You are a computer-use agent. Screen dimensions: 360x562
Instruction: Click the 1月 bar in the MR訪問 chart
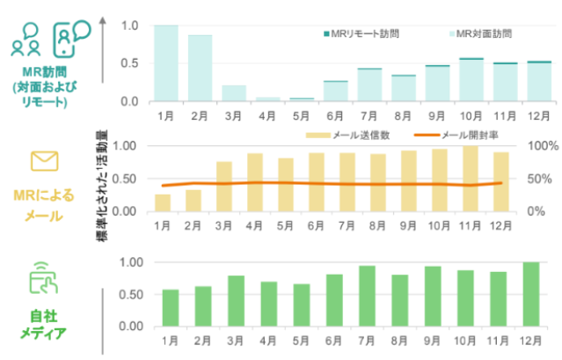[166, 63]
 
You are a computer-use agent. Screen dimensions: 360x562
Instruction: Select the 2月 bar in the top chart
[200, 69]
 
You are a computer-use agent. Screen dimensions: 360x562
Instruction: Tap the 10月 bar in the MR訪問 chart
[471, 80]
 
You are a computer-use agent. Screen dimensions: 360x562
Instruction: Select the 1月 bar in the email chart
[163, 202]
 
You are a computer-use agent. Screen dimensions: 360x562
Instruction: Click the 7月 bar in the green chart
[367, 296]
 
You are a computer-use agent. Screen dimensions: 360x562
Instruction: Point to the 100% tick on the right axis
[537, 146]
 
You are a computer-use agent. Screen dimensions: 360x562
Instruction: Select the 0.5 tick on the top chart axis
[129, 63]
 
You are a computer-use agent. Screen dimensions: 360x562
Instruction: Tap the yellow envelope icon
[44, 160]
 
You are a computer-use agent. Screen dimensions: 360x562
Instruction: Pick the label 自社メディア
[44, 325]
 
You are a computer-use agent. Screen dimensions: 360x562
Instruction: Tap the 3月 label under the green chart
[233, 339]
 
